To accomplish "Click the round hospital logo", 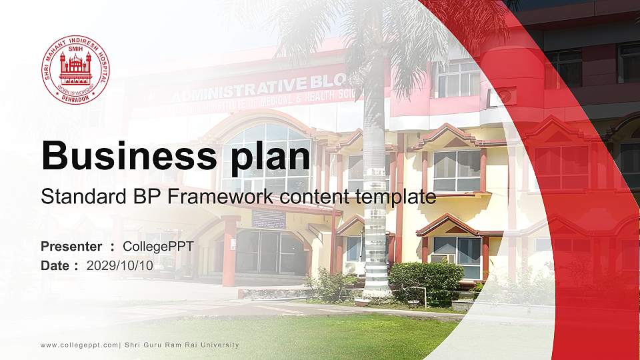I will [x=75, y=69].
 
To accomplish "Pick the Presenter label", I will [x=71, y=247].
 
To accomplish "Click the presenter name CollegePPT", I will [x=158, y=247].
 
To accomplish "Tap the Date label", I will [x=56, y=265].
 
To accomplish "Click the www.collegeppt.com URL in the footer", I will [x=79, y=345].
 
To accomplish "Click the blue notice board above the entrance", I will [x=269, y=219].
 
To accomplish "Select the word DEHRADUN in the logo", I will [x=75, y=97].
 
